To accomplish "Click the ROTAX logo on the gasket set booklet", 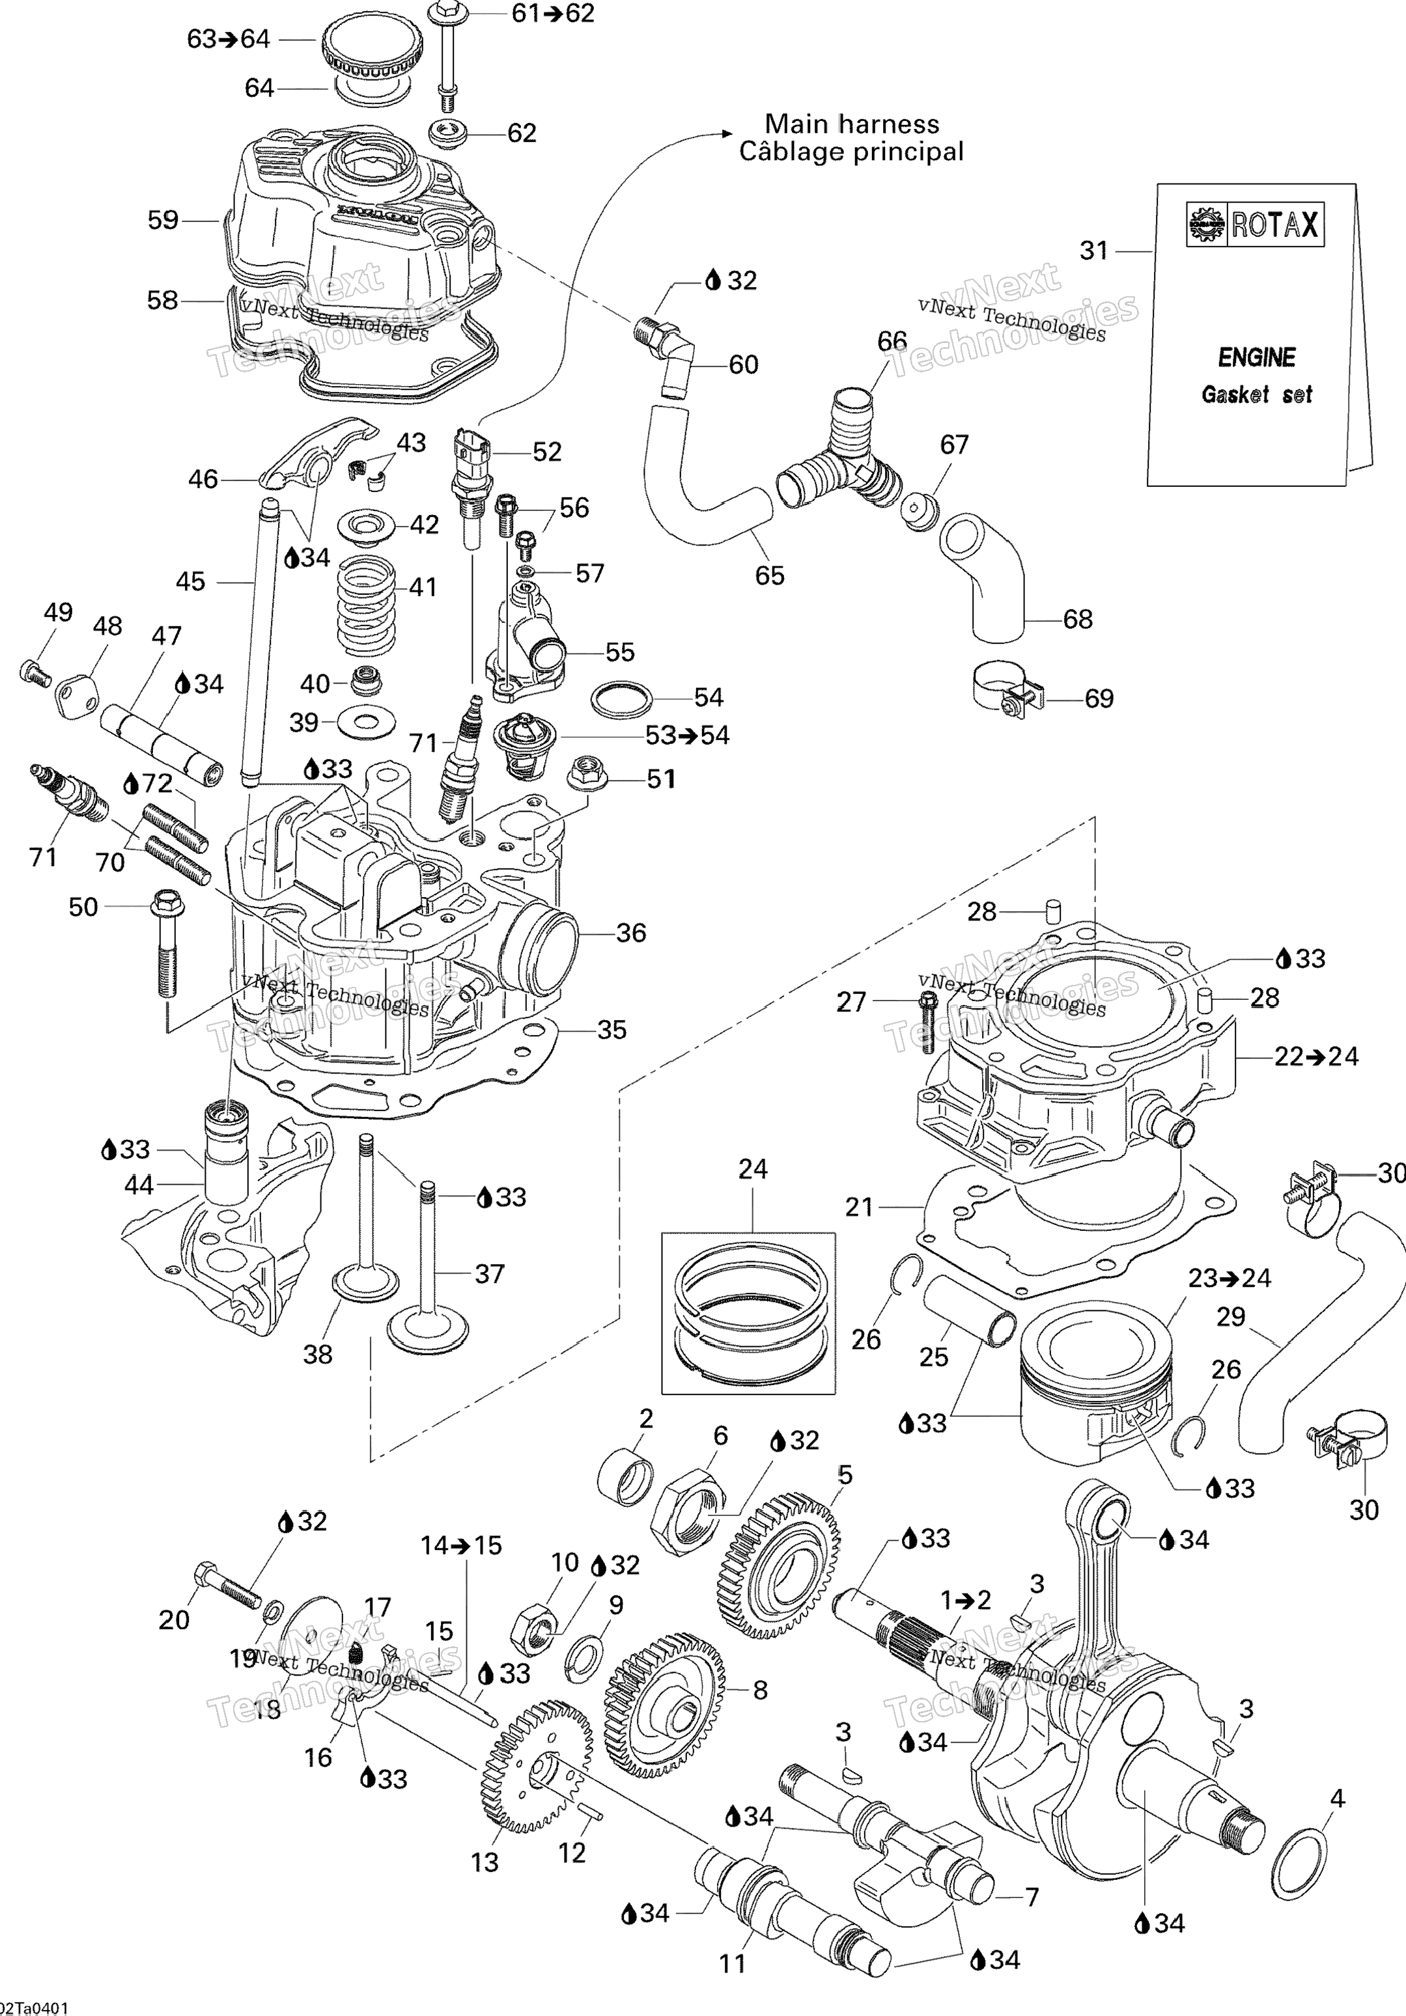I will pyautogui.click(x=1254, y=225).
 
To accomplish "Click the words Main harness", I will pyautogui.click(x=851, y=124).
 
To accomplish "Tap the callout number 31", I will pyautogui.click(x=1094, y=251).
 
